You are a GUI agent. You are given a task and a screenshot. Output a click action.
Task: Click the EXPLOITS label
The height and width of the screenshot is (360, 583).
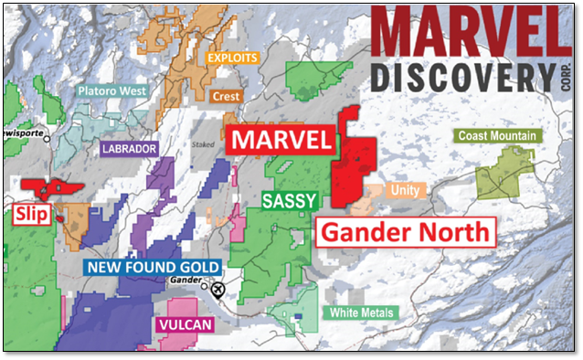(233, 57)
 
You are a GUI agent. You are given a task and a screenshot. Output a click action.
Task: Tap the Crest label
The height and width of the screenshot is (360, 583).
(226, 95)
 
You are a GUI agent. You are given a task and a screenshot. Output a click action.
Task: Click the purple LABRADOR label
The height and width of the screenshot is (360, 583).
(130, 148)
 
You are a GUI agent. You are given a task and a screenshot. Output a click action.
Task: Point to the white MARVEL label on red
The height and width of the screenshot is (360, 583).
(280, 140)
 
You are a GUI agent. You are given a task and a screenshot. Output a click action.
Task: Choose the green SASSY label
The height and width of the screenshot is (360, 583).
(289, 199)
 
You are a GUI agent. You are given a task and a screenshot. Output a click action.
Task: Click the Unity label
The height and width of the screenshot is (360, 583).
(404, 190)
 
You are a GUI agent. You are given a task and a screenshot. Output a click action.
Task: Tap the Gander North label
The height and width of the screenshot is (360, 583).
(405, 231)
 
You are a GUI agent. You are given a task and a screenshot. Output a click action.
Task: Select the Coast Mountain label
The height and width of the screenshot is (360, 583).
(497, 136)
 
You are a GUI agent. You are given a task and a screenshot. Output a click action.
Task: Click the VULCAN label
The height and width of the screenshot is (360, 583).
(185, 325)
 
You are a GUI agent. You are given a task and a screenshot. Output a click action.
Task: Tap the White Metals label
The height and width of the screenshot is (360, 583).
(362, 312)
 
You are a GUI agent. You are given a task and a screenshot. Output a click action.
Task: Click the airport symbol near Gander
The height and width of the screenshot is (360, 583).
(217, 291)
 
